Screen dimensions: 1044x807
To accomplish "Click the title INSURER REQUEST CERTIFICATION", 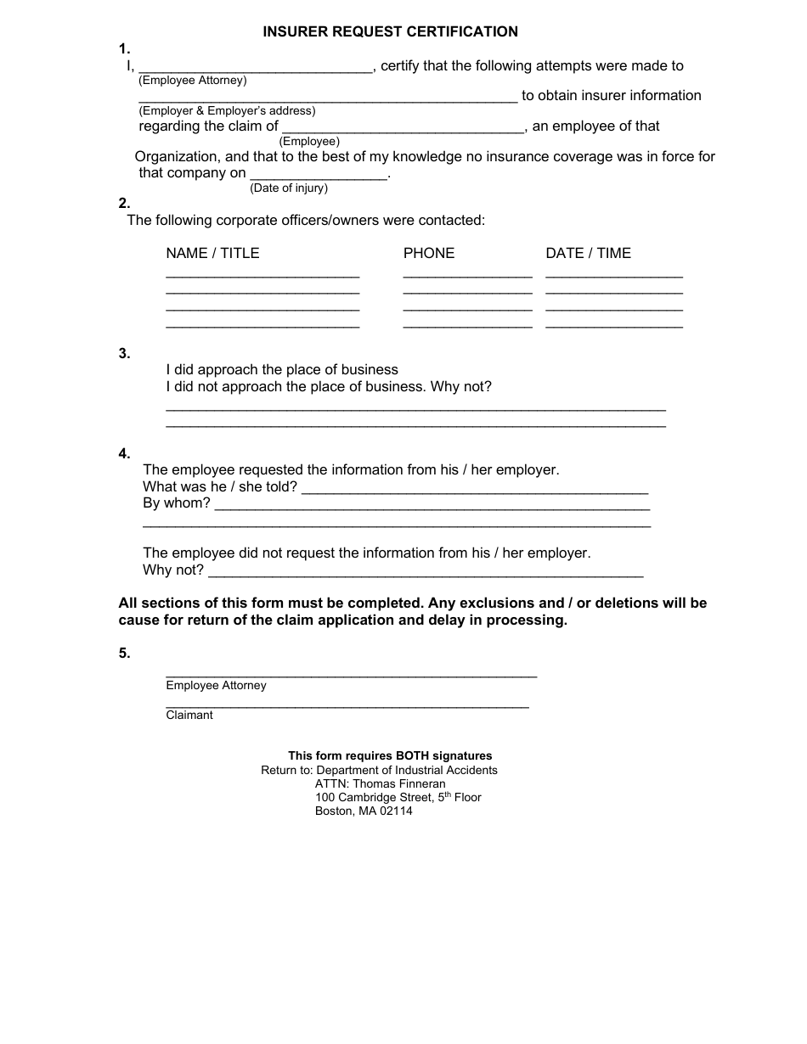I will [x=390, y=31].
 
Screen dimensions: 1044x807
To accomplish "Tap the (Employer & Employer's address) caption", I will [x=227, y=110].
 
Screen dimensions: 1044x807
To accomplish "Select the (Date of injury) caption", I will [x=289, y=188].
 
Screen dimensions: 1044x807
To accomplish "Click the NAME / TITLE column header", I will [x=212, y=253].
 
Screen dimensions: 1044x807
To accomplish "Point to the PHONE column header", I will [x=429, y=253].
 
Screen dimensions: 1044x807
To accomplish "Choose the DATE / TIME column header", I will [x=588, y=253].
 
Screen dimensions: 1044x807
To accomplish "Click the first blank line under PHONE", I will [x=467, y=277].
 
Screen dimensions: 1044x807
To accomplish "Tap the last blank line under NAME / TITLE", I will [x=262, y=327].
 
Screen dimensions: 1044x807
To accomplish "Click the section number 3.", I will [x=124, y=353].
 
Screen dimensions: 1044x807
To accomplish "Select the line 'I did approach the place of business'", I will [x=282, y=369].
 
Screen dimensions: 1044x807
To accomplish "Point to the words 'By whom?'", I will [x=177, y=502].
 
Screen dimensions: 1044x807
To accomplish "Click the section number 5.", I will [x=124, y=653].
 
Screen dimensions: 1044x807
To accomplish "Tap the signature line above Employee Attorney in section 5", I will [x=351, y=676].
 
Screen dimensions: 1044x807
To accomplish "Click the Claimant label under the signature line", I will [x=189, y=715].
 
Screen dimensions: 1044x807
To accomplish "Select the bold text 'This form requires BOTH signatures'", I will [x=390, y=755].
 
